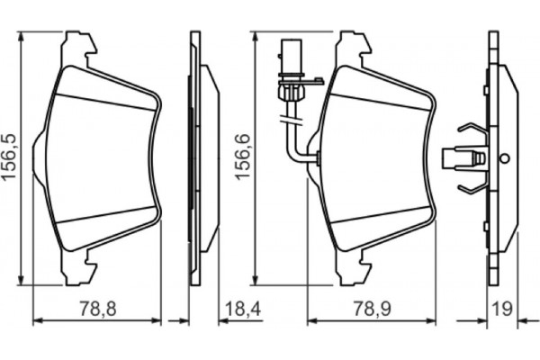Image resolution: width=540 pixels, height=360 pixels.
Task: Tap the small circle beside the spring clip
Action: pyautogui.click(x=505, y=158)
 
